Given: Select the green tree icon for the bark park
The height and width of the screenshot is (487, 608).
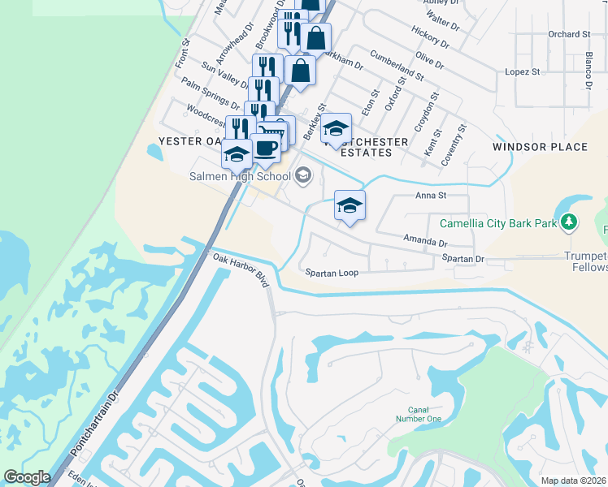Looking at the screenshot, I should (570, 221).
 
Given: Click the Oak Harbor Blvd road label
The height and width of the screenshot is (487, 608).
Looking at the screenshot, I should (241, 269).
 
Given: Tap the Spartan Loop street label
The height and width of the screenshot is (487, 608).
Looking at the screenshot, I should (332, 273).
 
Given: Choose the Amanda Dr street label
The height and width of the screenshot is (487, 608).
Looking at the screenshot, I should (426, 240).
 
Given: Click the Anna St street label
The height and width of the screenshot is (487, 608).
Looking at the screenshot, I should (432, 196).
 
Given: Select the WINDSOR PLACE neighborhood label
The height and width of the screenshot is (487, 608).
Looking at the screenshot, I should (540, 147).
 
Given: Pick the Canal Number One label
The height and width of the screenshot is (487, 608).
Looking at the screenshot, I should (418, 415).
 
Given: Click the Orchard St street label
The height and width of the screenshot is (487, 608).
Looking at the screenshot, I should (568, 34).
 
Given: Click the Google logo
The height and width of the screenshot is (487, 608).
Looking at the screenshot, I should (27, 477).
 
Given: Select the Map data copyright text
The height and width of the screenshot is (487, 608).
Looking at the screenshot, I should (573, 481).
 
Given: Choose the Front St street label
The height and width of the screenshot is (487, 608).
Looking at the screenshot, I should (182, 53).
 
